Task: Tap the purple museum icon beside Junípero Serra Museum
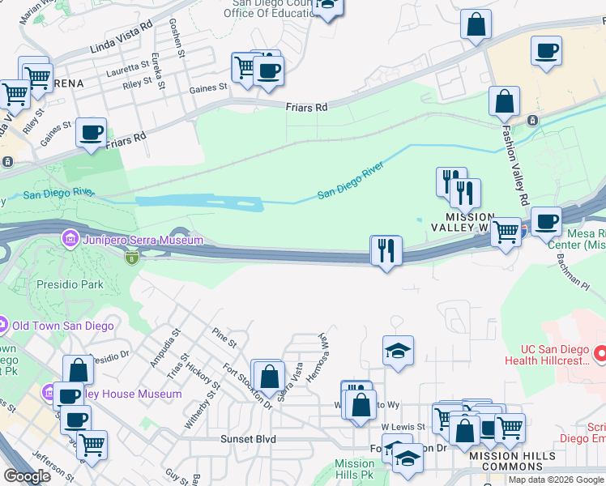click(x=70, y=240)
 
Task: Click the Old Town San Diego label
click(x=62, y=326)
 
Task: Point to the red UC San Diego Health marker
click(x=600, y=354)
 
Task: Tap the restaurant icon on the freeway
click(x=386, y=250)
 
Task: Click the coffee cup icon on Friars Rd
click(x=92, y=131)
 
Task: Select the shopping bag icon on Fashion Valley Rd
click(x=504, y=102)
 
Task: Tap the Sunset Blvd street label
click(x=249, y=439)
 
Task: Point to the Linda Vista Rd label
click(x=124, y=27)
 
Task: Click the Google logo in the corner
click(x=27, y=476)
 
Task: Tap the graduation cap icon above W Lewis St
click(x=398, y=351)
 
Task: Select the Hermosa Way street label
click(x=326, y=351)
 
